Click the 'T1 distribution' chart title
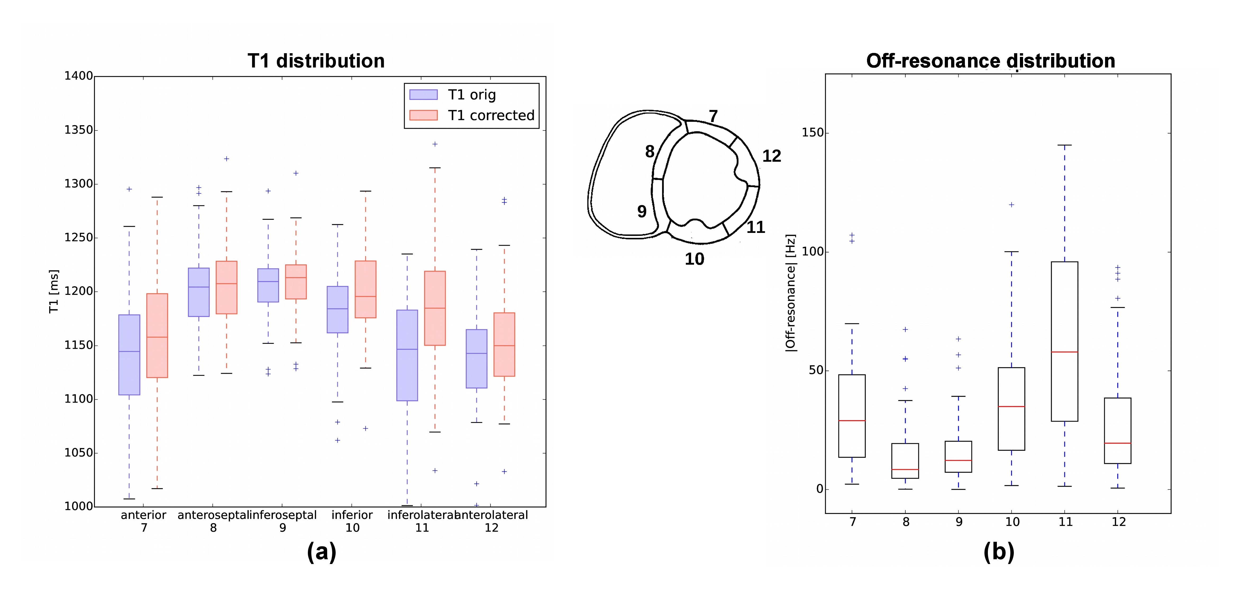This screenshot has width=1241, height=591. click(316, 61)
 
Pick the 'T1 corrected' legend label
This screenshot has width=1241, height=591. click(491, 115)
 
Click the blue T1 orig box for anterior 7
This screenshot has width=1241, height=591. click(129, 355)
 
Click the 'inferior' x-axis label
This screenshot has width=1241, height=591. click(352, 515)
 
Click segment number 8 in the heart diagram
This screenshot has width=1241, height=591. click(649, 152)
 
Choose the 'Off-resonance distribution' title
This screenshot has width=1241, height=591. click(991, 61)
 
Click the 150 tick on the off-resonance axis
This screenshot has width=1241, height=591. click(812, 133)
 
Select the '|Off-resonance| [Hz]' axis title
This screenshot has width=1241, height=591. click(791, 293)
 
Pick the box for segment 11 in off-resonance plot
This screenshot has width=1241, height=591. click(1064, 341)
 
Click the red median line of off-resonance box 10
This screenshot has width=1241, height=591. click(1011, 406)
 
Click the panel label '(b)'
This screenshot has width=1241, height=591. click(999, 552)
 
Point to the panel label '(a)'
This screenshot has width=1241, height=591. click(321, 552)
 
